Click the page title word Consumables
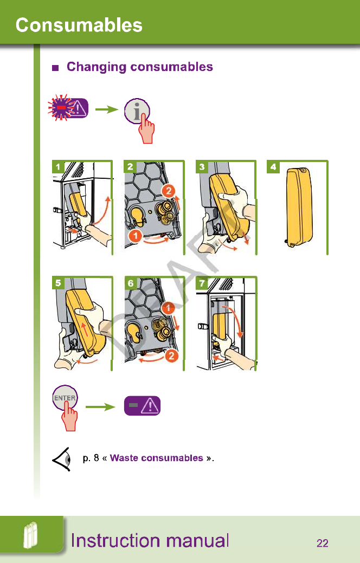pos(79,25)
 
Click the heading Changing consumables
pos(139,67)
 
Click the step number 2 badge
pos(130,166)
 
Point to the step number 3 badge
pos(202,166)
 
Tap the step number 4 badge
pos(274,166)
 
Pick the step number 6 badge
pos(130,282)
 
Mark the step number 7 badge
pos(202,282)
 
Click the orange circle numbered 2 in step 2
pos(168,191)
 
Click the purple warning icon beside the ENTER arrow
pos(143,405)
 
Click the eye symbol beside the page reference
pos(62,460)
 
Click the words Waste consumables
pos(156,458)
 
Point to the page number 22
pos(322,543)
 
